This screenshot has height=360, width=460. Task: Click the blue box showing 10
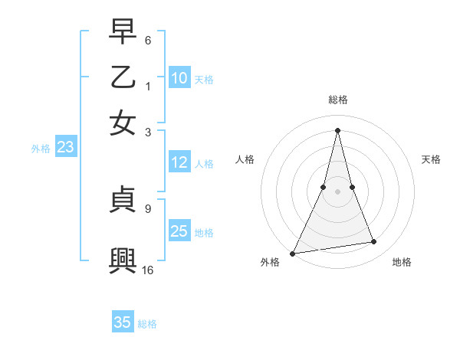click(x=179, y=78)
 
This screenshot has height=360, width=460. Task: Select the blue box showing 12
click(x=179, y=162)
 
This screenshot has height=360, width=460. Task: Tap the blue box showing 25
click(x=179, y=231)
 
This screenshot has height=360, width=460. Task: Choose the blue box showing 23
click(x=65, y=148)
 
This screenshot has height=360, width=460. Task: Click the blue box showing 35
click(x=123, y=322)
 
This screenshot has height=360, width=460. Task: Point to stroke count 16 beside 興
click(x=148, y=270)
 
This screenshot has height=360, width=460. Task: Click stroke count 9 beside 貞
click(x=147, y=208)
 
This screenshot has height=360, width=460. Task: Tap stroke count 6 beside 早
click(x=147, y=39)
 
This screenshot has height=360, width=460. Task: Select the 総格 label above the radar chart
click(x=337, y=100)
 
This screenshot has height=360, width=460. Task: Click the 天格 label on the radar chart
click(x=431, y=159)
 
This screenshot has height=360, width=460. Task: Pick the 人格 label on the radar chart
click(x=245, y=159)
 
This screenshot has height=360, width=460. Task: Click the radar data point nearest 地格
click(x=374, y=242)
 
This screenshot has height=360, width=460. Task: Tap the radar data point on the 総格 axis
click(x=337, y=129)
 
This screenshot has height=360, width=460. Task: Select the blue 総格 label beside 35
click(x=147, y=324)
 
